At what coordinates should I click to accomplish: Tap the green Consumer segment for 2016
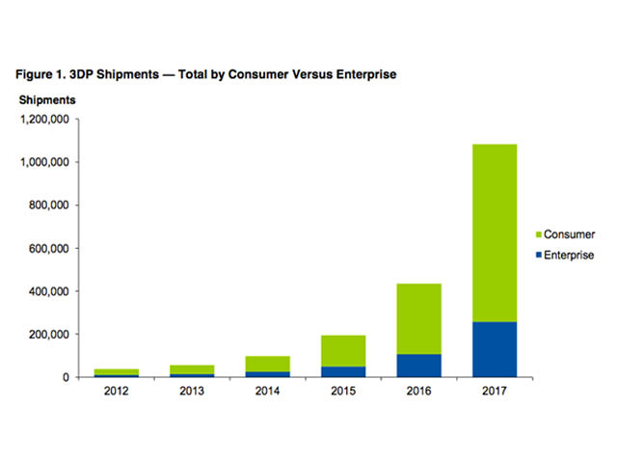click(x=420, y=318)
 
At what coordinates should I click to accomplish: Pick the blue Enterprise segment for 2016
click(x=420, y=366)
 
